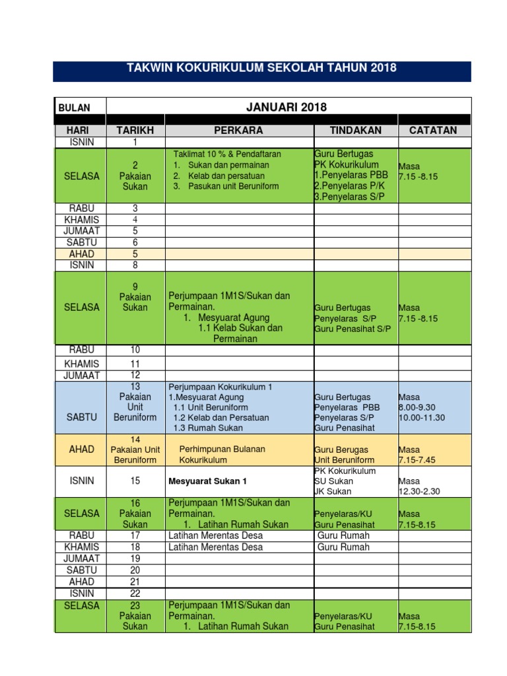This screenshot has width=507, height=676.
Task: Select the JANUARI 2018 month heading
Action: tap(287, 107)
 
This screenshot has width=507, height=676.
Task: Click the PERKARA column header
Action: tap(238, 131)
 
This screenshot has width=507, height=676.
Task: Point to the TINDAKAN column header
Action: tap(356, 131)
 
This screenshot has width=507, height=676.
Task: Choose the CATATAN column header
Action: tap(433, 131)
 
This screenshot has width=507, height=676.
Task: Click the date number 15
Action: tap(135, 481)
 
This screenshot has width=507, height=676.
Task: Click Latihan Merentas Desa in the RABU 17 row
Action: tap(215, 535)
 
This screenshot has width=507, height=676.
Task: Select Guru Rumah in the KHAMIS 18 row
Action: tap(343, 547)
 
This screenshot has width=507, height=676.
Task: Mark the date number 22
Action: tap(135, 593)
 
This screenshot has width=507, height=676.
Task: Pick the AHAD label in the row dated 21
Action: tap(82, 582)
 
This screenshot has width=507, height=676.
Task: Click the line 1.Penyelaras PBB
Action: tap(347, 175)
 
